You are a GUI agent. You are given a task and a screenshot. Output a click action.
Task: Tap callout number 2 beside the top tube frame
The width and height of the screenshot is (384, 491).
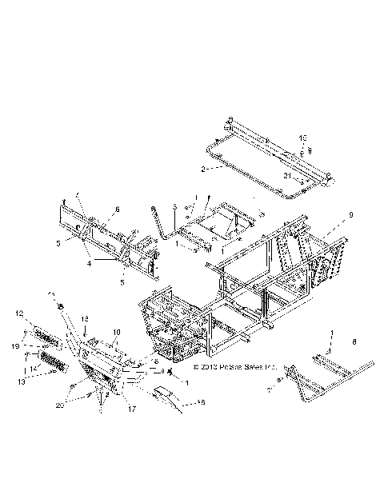pyautogui.click(x=204, y=170)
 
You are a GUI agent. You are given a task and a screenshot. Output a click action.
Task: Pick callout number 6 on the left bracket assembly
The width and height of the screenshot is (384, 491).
pyautogui.click(x=116, y=210)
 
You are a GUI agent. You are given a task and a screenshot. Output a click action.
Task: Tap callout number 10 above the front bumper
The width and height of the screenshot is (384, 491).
pyautogui.click(x=117, y=332)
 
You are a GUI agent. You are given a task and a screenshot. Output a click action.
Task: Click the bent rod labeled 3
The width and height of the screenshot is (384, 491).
pyautogui.click(x=157, y=224)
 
